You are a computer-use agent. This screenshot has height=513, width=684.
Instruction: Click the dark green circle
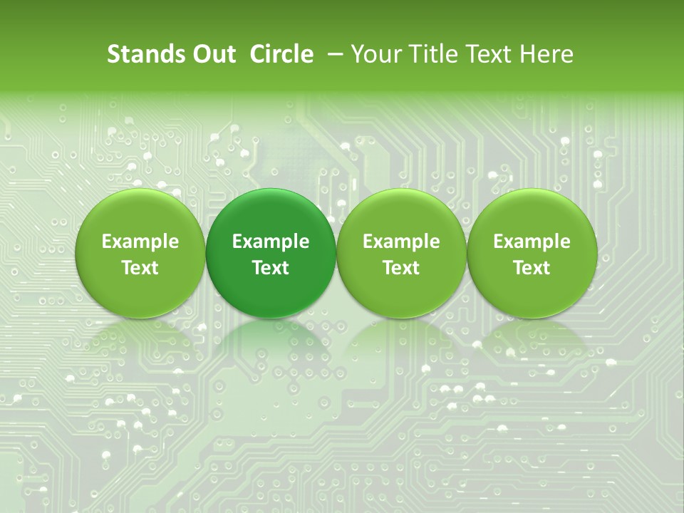click(x=271, y=253)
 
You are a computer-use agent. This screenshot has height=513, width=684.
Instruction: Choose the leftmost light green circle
click(x=140, y=253)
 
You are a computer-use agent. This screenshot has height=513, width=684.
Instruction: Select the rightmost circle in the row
click(x=532, y=253)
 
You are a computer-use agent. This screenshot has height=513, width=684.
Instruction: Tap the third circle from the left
click(x=401, y=253)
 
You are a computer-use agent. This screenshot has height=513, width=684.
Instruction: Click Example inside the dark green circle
click(x=271, y=242)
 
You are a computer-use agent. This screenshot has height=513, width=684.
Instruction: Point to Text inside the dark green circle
click(x=271, y=268)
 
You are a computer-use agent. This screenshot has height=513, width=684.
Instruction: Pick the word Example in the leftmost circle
click(x=140, y=242)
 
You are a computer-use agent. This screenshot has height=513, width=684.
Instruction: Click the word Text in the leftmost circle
click(x=140, y=268)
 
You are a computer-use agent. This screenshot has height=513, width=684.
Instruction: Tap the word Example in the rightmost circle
click(x=532, y=242)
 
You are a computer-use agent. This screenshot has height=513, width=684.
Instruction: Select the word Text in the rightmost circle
click(x=532, y=268)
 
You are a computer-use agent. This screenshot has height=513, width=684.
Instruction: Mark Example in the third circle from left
click(x=401, y=242)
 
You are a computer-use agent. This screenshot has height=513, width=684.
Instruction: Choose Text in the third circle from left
click(x=401, y=268)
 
